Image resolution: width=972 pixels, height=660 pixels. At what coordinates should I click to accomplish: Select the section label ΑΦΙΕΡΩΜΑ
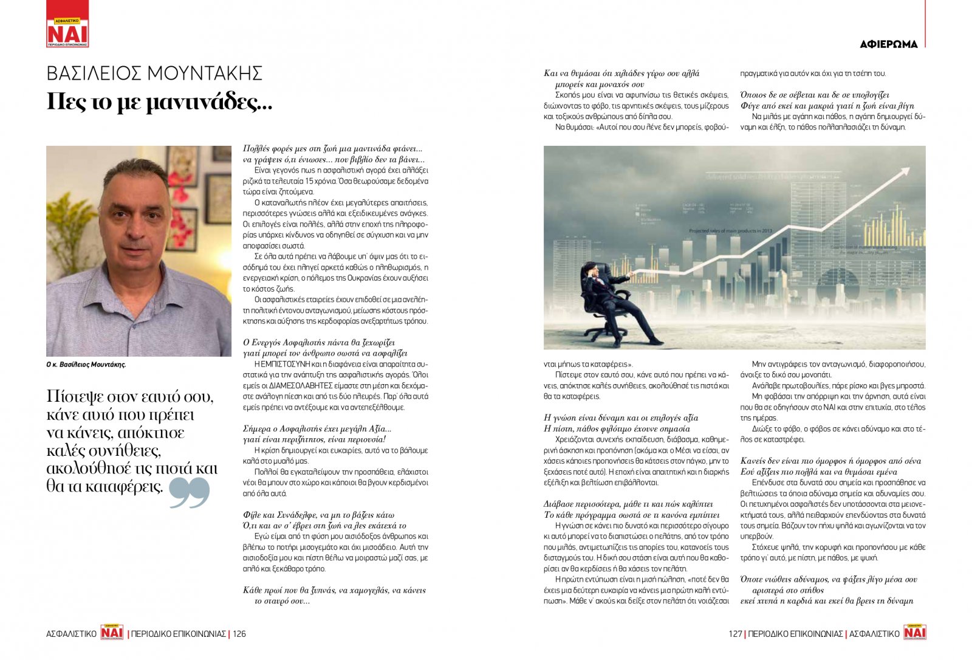pos(889,44)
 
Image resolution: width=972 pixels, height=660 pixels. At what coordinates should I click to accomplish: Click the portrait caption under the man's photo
pos(86,365)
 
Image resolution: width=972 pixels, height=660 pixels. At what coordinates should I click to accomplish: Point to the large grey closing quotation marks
pos(189,492)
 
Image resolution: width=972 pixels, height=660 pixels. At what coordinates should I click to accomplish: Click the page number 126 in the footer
pos(239,634)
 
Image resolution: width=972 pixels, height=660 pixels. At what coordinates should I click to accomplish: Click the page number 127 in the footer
pos(735,634)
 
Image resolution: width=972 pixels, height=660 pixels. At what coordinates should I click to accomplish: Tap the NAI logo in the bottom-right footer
pos(914,632)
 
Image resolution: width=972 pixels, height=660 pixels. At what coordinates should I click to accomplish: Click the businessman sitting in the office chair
pos(614,298)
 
